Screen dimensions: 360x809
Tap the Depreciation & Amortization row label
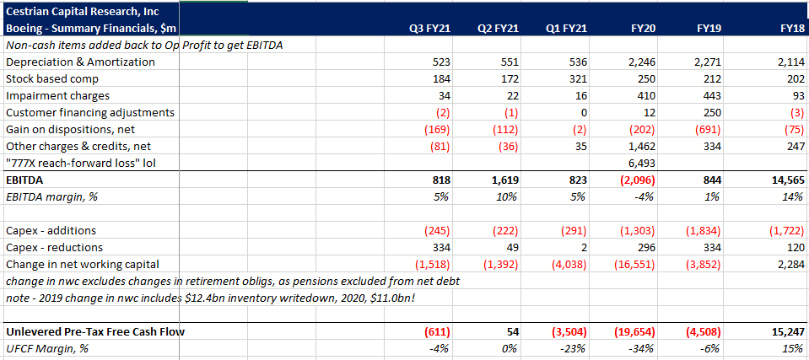pos(80,62)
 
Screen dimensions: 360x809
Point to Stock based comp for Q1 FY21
pos(574,79)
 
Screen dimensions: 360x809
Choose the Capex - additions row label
pos(51,231)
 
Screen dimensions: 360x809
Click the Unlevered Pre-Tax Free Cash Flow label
pos(95,332)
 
